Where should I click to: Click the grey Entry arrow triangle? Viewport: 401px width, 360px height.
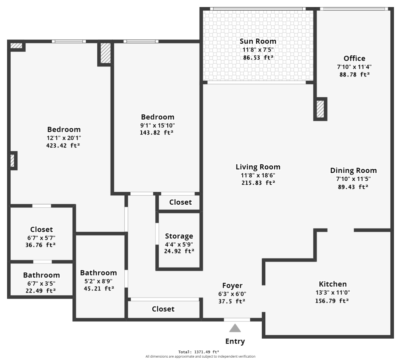click(235, 328)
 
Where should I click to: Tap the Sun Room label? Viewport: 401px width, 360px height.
click(258, 41)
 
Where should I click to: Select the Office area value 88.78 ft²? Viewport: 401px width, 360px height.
click(355, 74)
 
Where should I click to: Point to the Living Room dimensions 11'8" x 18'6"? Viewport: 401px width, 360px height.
click(258, 175)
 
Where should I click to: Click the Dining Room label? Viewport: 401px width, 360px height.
click(354, 171)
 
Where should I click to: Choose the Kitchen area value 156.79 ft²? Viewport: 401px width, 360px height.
click(332, 301)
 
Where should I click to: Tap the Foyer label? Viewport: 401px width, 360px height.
click(232, 286)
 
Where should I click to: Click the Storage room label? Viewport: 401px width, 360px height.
click(179, 236)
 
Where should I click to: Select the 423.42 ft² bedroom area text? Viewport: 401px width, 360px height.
click(63, 146)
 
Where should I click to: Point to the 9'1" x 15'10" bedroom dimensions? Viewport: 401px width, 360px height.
click(157, 125)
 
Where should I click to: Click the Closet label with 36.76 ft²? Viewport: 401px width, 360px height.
click(41, 229)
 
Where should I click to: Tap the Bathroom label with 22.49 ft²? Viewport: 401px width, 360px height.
click(41, 275)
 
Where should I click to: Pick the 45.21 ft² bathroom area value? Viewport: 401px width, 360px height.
click(99, 289)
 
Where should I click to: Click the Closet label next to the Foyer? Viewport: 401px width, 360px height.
click(163, 309)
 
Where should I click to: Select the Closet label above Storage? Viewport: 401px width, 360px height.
click(180, 202)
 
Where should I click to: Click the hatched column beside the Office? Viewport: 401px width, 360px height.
click(320, 109)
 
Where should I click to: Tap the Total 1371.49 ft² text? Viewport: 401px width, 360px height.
click(198, 352)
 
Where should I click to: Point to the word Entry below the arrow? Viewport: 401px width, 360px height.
click(235, 341)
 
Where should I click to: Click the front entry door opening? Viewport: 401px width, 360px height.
click(237, 320)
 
